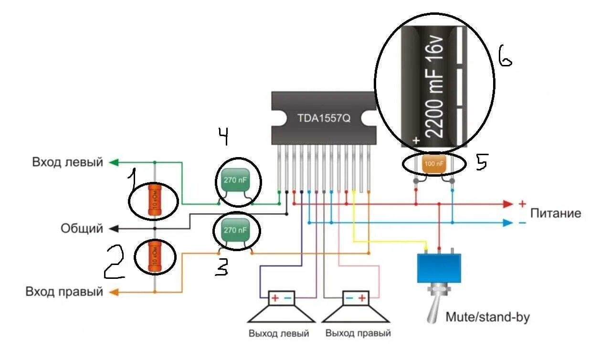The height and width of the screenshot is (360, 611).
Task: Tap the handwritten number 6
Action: coord(505,56)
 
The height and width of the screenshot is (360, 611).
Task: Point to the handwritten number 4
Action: coord(223,137)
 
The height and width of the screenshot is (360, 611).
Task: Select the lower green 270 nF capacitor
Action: coord(237,231)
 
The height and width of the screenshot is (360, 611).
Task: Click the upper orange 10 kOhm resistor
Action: coord(154,200)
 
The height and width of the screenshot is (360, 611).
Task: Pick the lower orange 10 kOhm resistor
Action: coord(154,256)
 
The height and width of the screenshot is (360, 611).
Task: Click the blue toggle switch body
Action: coord(439,268)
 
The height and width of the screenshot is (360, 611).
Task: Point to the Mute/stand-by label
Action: coord(487,317)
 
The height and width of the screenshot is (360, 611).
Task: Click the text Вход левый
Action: coord(67,162)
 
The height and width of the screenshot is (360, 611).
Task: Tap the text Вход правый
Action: coord(64,291)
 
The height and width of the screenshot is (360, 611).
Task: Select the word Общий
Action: coord(82,229)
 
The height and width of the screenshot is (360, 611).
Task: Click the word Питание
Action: coord(556,213)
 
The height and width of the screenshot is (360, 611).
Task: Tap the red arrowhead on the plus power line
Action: coord(507,204)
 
